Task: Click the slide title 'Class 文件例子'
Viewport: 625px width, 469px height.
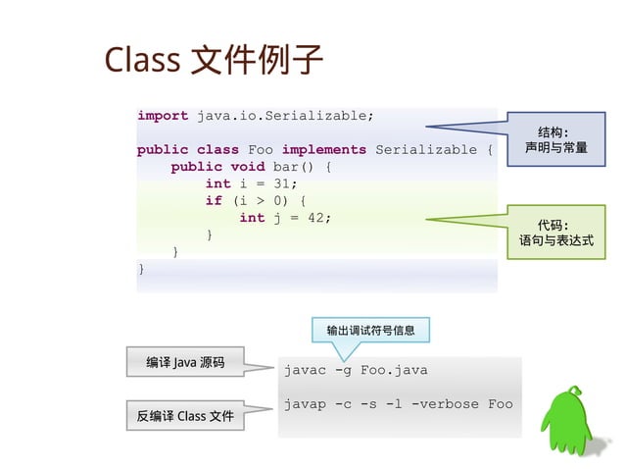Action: (x=214, y=60)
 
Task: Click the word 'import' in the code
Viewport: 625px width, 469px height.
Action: (x=163, y=116)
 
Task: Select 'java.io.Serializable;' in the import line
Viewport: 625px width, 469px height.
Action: (x=285, y=116)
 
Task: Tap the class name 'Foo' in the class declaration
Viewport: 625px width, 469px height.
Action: (x=261, y=150)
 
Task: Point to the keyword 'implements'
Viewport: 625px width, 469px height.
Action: (x=323, y=150)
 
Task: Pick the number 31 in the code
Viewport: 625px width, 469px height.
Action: (x=282, y=183)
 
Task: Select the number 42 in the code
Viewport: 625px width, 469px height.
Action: (x=316, y=218)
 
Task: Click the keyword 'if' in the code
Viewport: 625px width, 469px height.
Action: (x=214, y=201)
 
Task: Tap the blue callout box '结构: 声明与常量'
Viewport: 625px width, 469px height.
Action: (x=554, y=139)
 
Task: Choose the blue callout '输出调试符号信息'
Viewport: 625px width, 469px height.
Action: (x=370, y=331)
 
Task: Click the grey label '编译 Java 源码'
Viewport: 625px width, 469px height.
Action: (x=185, y=363)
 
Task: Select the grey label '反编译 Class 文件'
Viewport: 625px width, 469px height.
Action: (x=185, y=417)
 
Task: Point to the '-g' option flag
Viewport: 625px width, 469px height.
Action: (x=343, y=371)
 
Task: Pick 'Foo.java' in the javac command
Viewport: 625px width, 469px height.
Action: (x=394, y=371)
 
